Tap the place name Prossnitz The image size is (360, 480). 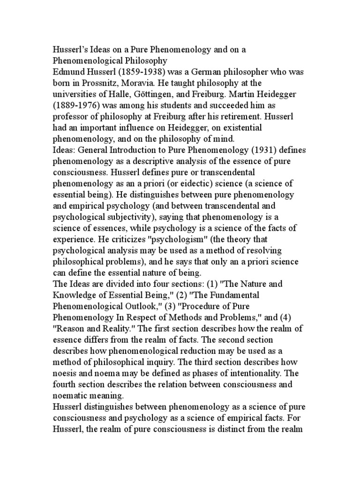pos(95,83)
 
